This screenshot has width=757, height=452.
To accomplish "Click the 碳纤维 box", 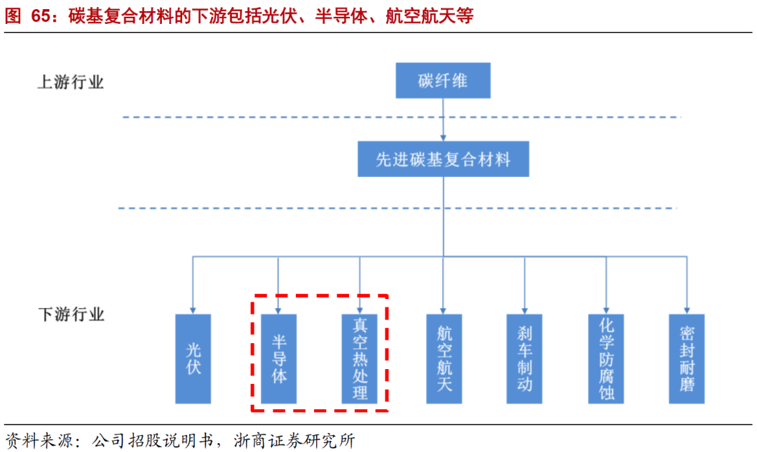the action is (443, 81).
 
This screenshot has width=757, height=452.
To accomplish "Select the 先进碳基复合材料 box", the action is (443, 159).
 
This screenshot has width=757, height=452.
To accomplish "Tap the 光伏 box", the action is (193, 358).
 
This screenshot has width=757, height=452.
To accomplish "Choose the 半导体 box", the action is (278, 358).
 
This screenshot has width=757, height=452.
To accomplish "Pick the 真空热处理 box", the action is (360, 358).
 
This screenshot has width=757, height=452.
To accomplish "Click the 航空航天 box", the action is (444, 358).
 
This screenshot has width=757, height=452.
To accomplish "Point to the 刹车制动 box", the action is (524, 358).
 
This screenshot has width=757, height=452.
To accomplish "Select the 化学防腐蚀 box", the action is (606, 358).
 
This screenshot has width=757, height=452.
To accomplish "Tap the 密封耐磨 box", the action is (687, 358).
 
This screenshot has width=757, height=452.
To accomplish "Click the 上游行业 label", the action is (70, 82).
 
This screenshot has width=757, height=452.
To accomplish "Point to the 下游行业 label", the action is (70, 314).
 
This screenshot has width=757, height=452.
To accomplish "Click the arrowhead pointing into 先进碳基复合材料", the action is (443, 138).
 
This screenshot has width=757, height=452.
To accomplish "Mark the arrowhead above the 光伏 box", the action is (193, 310).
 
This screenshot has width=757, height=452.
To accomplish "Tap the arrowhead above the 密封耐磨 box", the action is (687, 310).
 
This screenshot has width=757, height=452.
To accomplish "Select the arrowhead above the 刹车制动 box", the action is (524, 310).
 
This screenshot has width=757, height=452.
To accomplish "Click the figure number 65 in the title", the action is (42, 16).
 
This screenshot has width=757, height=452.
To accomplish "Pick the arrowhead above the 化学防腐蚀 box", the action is (606, 310).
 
